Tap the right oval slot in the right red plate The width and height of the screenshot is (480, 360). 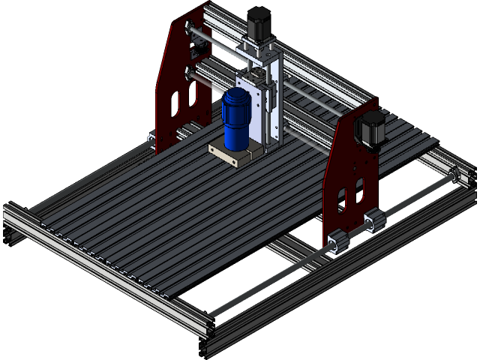pos(361,189)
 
